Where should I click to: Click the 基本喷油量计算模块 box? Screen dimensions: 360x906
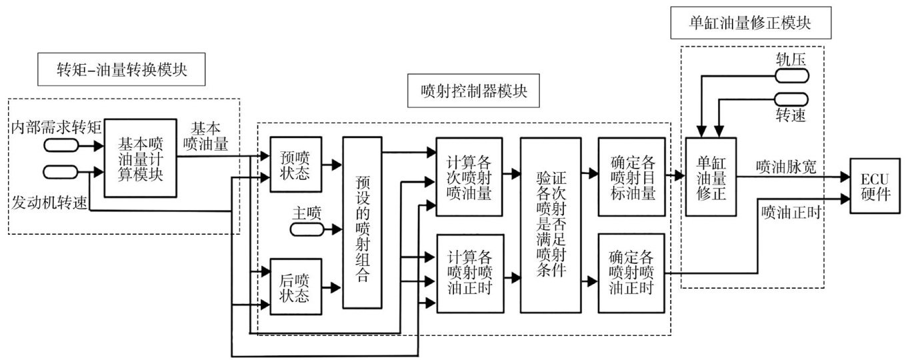pos(141,158)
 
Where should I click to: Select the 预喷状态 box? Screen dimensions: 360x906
pos(294,164)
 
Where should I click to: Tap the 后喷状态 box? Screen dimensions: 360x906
pos(294,287)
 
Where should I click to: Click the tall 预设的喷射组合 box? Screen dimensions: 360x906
pos(363,222)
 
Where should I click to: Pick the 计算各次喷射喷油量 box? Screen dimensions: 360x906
pos(469,176)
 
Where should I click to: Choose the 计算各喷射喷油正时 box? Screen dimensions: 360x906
pos(469,273)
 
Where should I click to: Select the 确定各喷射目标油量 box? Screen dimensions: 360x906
pos(631,177)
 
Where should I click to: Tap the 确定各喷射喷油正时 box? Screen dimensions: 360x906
pos(631,273)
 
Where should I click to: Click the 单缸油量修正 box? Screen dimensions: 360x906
pos(711,176)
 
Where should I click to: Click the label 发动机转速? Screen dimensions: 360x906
pos(49,203)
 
